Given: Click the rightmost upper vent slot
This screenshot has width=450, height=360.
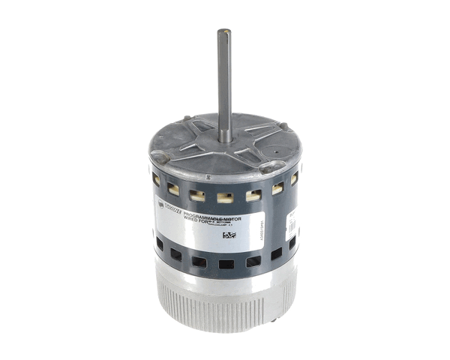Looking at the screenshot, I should (x=294, y=178).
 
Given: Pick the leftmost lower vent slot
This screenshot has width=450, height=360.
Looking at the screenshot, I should (x=159, y=244).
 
